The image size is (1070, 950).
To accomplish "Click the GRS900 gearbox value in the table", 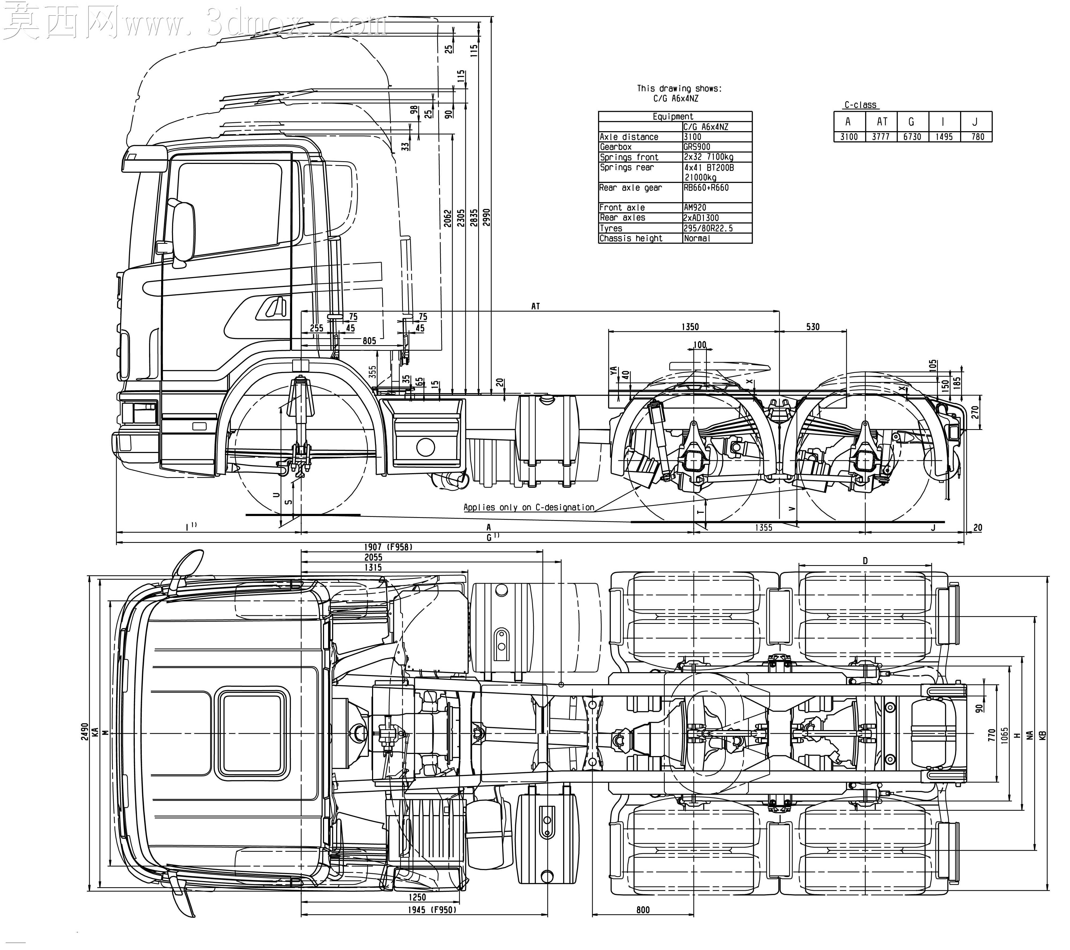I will click(697, 147).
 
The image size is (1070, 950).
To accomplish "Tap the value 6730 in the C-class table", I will click(912, 137).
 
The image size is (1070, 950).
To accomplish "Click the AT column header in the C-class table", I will click(882, 121).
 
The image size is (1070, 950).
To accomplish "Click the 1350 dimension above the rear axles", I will click(690, 327).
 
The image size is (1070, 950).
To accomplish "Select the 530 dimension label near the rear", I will click(812, 327).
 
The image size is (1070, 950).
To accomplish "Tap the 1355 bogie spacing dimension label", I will click(763, 527).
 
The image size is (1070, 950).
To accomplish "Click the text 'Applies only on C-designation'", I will click(529, 507).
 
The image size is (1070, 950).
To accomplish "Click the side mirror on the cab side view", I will click(183, 230).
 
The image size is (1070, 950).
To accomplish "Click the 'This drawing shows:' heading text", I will click(679, 89).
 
